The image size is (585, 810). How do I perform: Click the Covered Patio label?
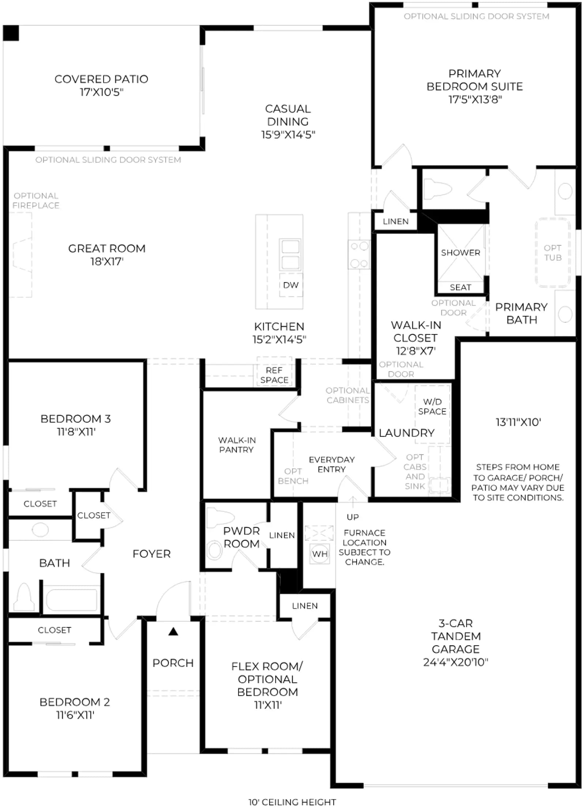coord(101,79)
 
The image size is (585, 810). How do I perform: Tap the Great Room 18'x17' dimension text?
coord(107,261)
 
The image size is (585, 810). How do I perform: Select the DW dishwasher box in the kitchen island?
coord(291,285)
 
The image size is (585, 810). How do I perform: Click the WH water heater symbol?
coord(320,554)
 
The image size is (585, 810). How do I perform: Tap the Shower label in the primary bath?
coord(460,253)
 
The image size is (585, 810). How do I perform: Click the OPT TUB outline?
coord(553,252)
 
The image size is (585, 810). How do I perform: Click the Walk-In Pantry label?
coord(237,445)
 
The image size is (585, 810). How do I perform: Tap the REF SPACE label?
coord(274,375)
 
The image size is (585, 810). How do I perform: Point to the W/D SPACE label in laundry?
coord(432,406)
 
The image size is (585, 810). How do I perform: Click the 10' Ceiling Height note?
coord(292,802)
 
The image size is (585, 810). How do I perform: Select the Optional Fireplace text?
coord(36,200)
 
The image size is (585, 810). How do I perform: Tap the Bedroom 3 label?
coord(76,419)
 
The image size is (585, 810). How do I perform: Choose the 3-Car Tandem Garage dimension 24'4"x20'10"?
coord(456,662)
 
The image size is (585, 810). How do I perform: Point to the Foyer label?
coord(151,554)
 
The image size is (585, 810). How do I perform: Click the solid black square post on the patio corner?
coord(11,33)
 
